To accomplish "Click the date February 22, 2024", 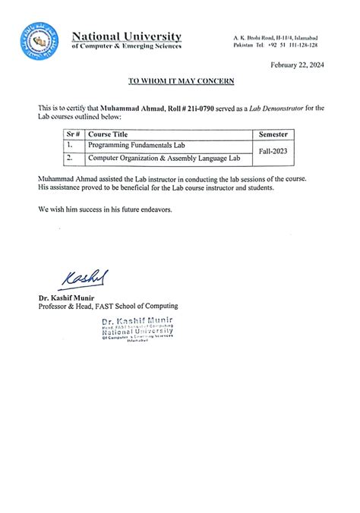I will pos(298,65).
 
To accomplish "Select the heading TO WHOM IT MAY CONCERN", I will pos(181,80).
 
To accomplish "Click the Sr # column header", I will pos(73,134).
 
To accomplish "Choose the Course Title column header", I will pos(109,134).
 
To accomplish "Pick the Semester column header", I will pos(273,134).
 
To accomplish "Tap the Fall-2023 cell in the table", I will pos(273,151).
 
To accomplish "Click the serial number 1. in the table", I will pos(69,145).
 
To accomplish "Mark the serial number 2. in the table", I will pos(69,158).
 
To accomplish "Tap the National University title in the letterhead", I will pos(126,36).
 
